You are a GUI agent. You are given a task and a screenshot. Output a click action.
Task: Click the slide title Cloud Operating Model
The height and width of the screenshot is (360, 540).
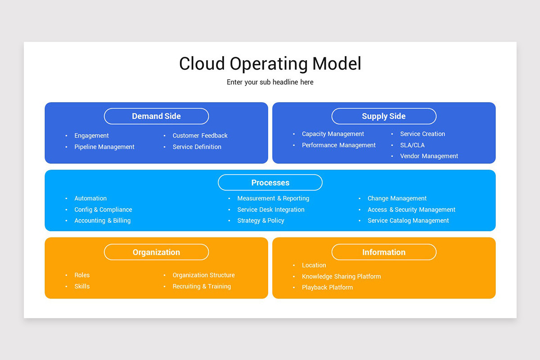[270, 64]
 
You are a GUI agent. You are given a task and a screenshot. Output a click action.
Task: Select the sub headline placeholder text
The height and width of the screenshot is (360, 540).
[270, 82]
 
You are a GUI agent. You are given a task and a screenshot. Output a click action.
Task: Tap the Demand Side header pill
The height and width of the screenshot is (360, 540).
[156, 116]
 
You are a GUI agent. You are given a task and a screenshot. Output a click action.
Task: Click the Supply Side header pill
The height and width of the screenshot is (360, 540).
[384, 116]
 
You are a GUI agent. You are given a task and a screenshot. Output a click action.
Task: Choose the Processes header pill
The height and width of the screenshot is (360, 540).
[270, 183]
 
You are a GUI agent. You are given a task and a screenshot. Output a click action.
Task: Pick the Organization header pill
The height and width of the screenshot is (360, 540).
[156, 252]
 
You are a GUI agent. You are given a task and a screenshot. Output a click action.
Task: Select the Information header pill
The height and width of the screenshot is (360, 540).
[384, 252]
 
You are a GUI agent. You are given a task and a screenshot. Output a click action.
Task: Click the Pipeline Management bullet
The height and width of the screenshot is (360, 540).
[104, 147]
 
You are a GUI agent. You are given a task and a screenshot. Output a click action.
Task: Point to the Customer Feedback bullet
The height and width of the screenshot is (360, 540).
[200, 135]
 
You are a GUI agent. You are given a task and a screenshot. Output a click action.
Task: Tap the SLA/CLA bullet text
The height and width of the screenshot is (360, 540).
[412, 145]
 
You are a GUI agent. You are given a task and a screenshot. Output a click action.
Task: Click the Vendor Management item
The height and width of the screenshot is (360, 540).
[429, 156]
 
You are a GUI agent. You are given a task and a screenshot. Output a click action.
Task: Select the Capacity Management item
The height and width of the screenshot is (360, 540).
[333, 134]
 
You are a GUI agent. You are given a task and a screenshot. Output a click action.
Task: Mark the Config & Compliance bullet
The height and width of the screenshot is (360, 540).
[103, 210]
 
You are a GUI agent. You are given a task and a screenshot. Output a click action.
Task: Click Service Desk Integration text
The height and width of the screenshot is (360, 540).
[271, 210]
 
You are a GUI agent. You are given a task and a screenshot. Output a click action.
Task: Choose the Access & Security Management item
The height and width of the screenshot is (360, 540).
[411, 210]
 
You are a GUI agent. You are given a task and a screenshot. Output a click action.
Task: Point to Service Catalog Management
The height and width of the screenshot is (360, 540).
[408, 220]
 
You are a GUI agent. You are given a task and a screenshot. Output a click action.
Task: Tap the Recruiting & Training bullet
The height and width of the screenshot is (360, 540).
[202, 286]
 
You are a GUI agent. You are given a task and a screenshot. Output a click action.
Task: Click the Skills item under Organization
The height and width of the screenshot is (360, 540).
[82, 286]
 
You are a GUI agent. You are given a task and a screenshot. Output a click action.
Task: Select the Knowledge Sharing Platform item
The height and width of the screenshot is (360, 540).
[341, 276]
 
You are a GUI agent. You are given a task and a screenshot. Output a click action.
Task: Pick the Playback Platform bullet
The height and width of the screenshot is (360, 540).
[327, 288]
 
